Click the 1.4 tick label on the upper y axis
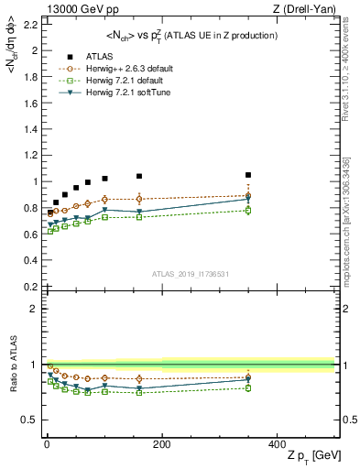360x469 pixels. click(x=29, y=130)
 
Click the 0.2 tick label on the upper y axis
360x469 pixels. click(x=29, y=287)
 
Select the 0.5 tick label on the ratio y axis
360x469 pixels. click(x=29, y=420)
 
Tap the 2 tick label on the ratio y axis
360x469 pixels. click(x=35, y=309)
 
